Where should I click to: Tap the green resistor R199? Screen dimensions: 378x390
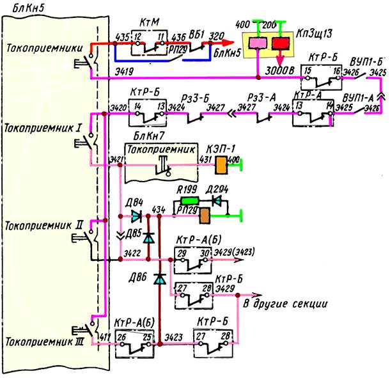coord(185,200)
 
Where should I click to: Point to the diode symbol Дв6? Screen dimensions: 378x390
coord(159,280)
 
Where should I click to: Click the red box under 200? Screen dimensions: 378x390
coord(280,44)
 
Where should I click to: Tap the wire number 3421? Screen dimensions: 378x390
coord(116,159)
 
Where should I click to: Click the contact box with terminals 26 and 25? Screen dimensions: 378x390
coord(134,343)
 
